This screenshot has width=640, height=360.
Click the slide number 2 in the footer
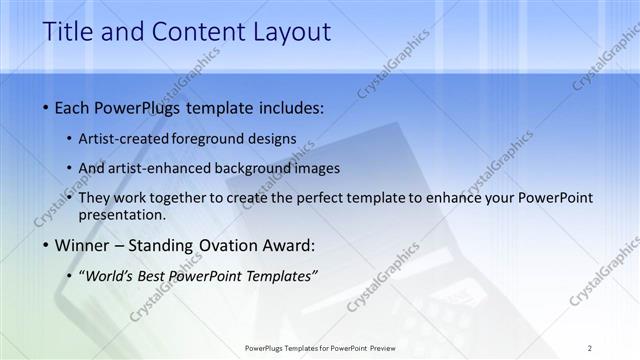click(x=589, y=347)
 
